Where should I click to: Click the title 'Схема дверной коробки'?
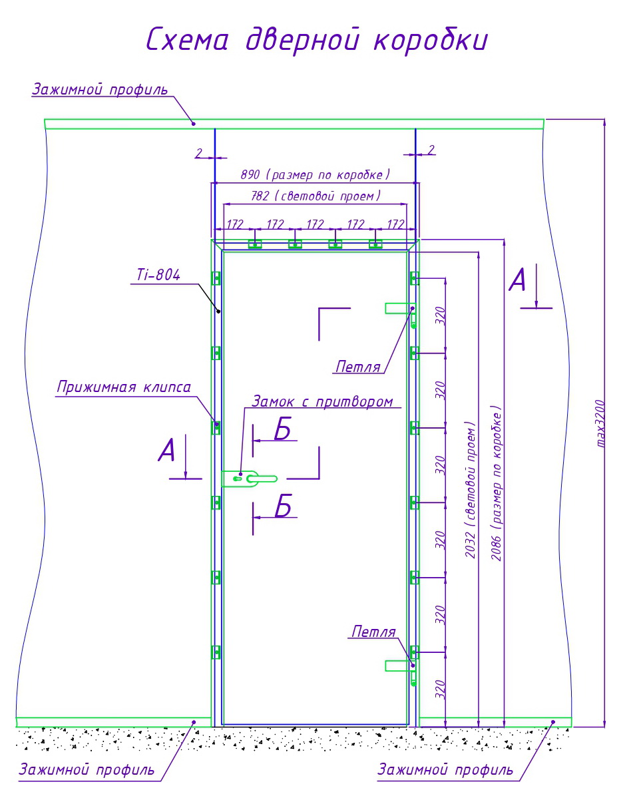pyautogui.click(x=317, y=41)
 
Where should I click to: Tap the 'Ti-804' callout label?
pyautogui.click(x=154, y=276)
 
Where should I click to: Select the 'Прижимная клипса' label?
pyautogui.click(x=124, y=387)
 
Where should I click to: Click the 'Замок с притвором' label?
pyautogui.click(x=321, y=401)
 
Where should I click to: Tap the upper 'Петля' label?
pyautogui.click(x=358, y=366)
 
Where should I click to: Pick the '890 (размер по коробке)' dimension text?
pyautogui.click(x=315, y=174)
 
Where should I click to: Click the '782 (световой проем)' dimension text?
pyautogui.click(x=316, y=196)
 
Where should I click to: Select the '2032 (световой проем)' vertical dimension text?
pyautogui.click(x=471, y=489)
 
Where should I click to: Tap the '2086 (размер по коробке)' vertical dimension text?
pyautogui.click(x=497, y=483)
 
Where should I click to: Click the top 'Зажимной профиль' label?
pyautogui.click(x=100, y=90)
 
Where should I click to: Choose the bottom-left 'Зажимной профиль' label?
pyautogui.click(x=87, y=770)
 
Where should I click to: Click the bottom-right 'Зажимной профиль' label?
pyautogui.click(x=445, y=770)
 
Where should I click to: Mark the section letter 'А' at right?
pyautogui.click(x=517, y=281)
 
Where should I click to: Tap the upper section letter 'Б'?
pyautogui.click(x=283, y=431)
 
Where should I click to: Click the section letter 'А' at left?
pyautogui.click(x=166, y=451)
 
